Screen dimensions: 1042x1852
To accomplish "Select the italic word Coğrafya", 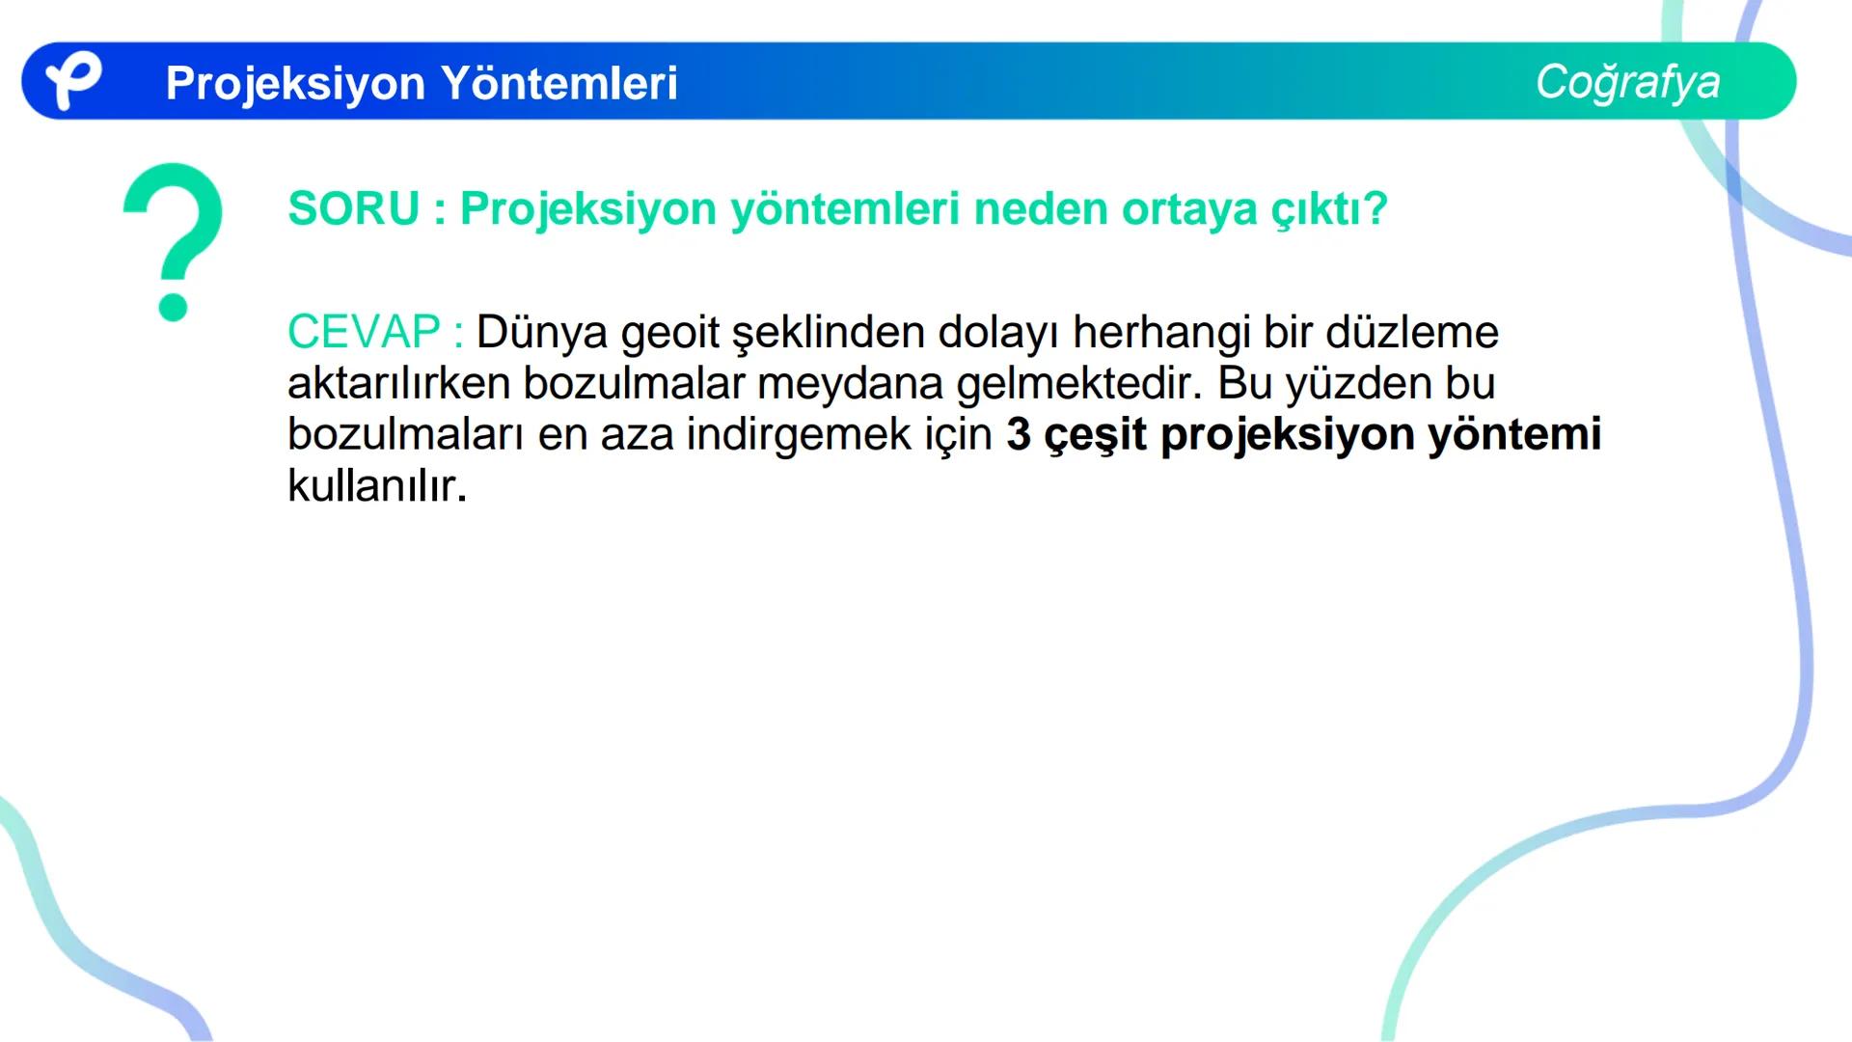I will [x=1627, y=82].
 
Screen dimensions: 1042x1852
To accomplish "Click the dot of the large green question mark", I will [x=173, y=306].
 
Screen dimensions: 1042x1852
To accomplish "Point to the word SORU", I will [x=354, y=208].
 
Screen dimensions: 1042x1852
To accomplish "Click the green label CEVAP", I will [x=364, y=332].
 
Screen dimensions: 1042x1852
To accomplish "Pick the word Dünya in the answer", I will [x=542, y=332].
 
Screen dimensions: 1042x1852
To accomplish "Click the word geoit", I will [x=670, y=332].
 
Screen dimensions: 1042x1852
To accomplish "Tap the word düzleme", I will [x=1412, y=332].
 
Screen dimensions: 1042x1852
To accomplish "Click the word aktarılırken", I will [x=398, y=383].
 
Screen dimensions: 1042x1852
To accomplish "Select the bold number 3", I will [x=1019, y=434].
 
